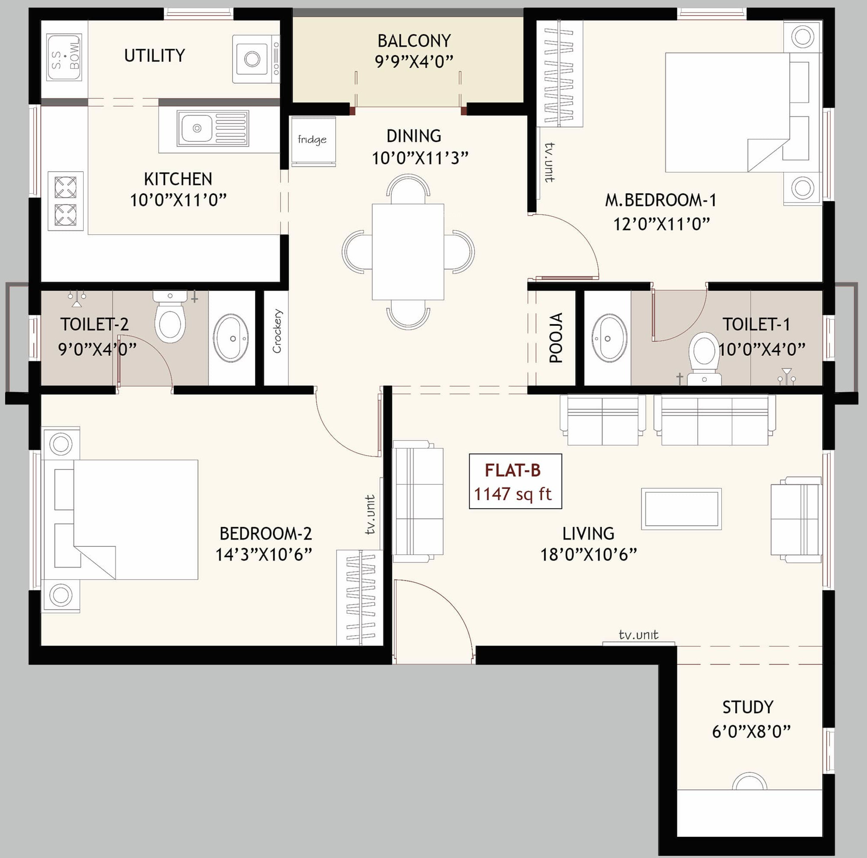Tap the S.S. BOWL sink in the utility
coord(65,58)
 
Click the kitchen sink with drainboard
coord(213,128)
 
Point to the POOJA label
coord(556,337)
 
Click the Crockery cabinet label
coord(277,331)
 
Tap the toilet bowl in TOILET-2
coord(170,316)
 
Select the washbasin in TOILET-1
coord(609,338)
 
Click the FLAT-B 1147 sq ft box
coord(515,481)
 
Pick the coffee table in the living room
coord(681,509)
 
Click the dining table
coord(408,252)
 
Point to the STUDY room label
coord(748,707)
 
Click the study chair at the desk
coord(749,781)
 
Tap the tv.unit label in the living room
coord(638,635)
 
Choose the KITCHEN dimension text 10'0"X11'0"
coord(178,200)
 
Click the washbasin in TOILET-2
coord(231,338)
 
